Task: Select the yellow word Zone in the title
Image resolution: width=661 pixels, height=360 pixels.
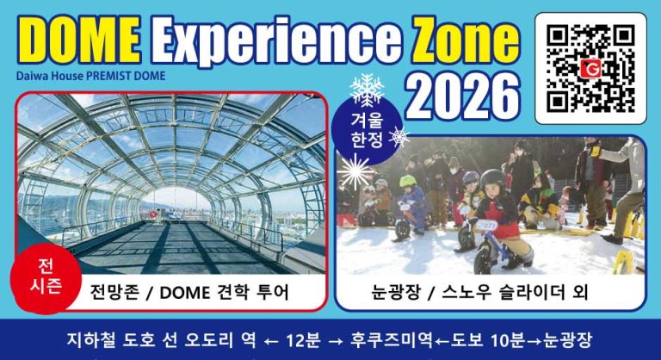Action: point(464,41)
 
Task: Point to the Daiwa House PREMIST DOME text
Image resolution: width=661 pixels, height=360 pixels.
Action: point(90,75)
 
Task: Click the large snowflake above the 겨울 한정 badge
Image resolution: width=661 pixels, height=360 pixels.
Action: point(366,90)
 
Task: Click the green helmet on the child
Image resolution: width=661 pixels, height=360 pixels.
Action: point(407,182)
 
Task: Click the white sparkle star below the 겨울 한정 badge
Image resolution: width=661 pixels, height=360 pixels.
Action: point(353,171)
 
